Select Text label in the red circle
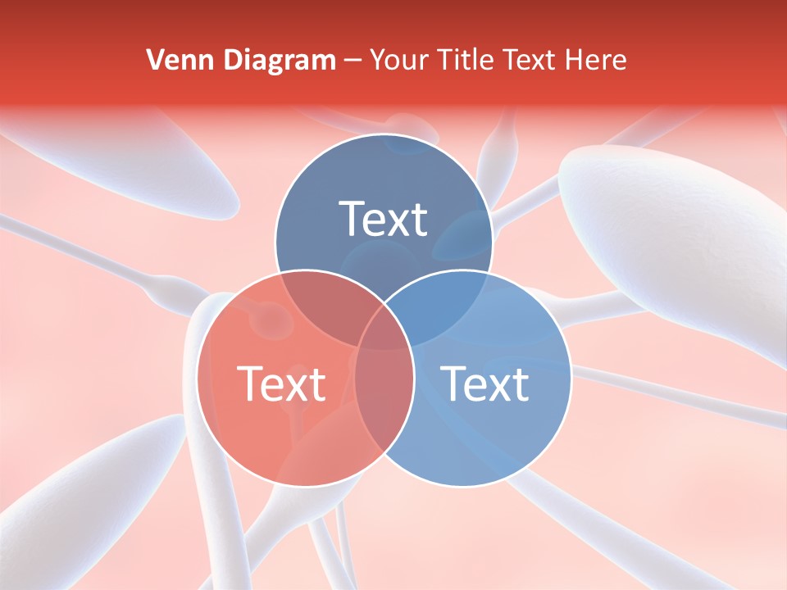(x=281, y=383)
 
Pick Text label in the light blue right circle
(x=485, y=383)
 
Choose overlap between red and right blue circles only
(x=384, y=393)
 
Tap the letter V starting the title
(x=153, y=60)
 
